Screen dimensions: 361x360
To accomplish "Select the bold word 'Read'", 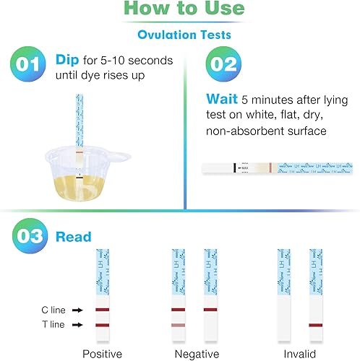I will click(74, 237).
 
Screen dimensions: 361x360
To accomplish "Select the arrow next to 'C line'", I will click(78, 310).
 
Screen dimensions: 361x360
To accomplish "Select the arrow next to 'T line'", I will click(78, 325).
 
